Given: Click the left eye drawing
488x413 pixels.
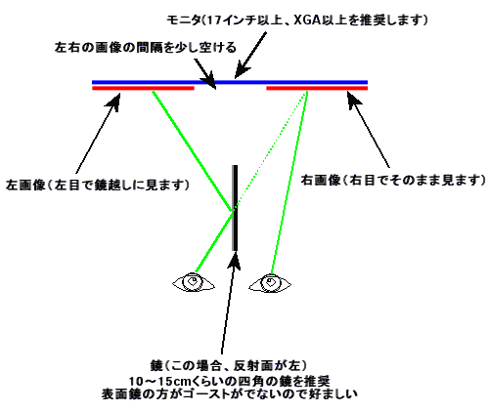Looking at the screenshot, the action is tap(194, 282).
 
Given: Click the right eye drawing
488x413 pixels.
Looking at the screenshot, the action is tap(270, 282).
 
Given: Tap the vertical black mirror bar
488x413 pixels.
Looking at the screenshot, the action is tap(235, 208).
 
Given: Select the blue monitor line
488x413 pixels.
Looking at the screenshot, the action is tap(230, 82).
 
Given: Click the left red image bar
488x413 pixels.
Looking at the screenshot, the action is tap(143, 88).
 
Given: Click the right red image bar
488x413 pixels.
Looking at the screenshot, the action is tap(317, 88).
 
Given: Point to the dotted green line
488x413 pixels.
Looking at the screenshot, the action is tap(271, 148).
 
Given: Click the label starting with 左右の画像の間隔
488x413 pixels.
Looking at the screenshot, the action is tap(146, 48).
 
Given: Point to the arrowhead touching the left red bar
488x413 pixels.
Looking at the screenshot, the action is tap(113, 100).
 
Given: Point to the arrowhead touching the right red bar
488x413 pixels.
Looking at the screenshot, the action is tap(353, 98).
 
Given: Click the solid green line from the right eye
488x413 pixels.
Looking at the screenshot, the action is tap(289, 183).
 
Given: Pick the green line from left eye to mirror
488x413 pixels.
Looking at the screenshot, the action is tap(214, 241).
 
